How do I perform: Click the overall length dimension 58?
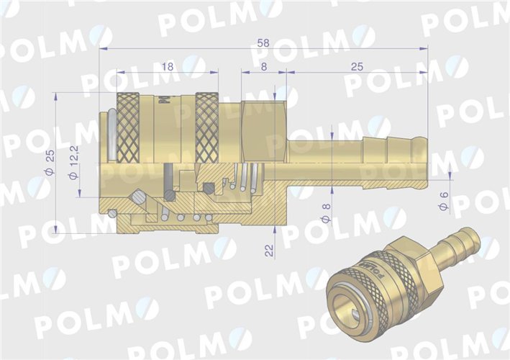[x=263, y=43]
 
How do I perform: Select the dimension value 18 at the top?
[x=168, y=66]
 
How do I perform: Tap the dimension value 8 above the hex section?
[x=264, y=66]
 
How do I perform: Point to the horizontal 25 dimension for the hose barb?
[x=357, y=66]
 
